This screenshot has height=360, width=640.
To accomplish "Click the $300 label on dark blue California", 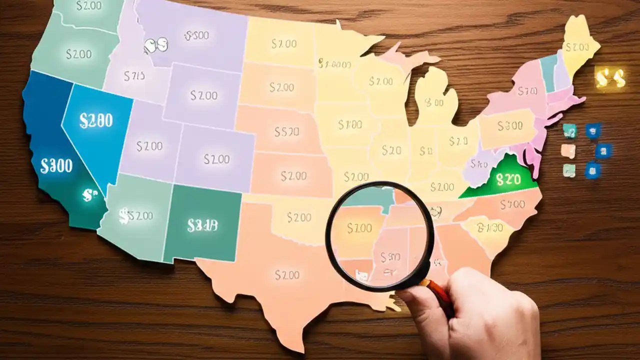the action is (x=56, y=166).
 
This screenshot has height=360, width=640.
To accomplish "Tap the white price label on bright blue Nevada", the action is (x=96, y=120).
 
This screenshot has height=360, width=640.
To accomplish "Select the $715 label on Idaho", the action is (x=134, y=76).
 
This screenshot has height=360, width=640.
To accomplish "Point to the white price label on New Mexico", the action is (x=202, y=226).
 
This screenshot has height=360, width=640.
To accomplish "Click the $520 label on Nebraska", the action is (x=287, y=131).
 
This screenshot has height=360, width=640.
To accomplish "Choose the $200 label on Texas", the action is (x=287, y=274).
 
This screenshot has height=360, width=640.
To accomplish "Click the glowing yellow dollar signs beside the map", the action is (x=610, y=78).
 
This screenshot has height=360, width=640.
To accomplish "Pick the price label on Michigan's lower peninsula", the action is (x=433, y=102).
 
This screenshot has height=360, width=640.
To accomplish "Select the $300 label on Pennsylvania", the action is (x=510, y=126).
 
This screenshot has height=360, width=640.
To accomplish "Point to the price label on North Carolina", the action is (x=513, y=204).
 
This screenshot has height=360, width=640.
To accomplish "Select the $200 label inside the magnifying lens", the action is (x=359, y=228).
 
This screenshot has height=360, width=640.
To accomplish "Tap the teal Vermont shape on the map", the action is (x=549, y=72).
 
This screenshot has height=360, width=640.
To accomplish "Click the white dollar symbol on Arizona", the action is (x=124, y=216).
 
